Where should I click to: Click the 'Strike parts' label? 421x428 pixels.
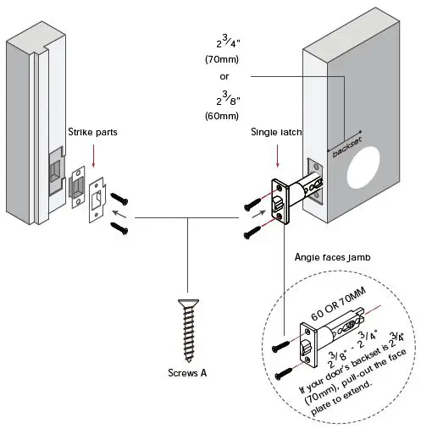coord(93,132)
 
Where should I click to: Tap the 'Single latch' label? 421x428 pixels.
coord(276,132)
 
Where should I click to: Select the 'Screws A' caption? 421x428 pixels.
coord(188,372)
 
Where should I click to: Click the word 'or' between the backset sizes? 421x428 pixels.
coord(224,77)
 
